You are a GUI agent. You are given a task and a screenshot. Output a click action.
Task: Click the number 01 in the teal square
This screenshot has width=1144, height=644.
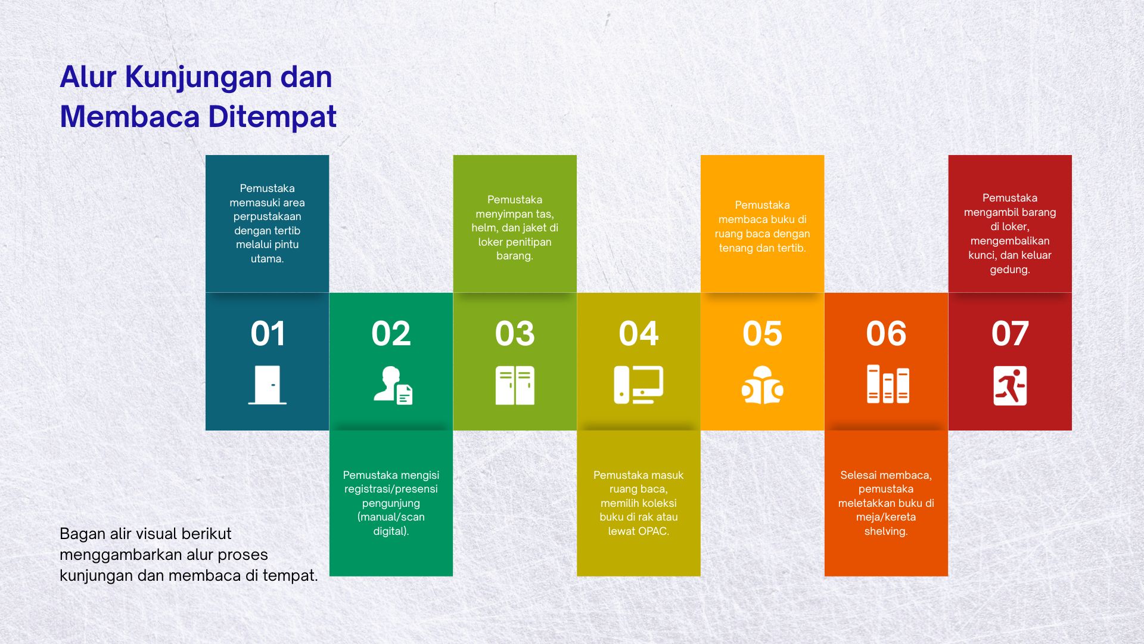pos(268,333)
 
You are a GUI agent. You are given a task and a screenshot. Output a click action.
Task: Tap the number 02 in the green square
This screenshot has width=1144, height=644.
pos(391,333)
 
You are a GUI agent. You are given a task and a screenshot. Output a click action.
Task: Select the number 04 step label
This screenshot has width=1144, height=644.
pos(639,333)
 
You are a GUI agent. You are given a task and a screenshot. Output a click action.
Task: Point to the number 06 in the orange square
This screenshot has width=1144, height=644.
pos(886,333)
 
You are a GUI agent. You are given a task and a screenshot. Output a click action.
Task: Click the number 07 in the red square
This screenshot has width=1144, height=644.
pos(1010,333)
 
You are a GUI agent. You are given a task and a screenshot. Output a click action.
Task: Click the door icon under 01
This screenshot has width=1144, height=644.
pos(268,385)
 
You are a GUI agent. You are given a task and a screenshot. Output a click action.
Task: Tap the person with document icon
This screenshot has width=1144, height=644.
pos(393,385)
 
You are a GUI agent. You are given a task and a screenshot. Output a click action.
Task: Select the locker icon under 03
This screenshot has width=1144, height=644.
pos(515,385)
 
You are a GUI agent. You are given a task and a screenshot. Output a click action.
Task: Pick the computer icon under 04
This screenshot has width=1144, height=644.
pos(639,385)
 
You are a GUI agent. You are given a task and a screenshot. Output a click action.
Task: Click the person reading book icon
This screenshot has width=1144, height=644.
pos(763,385)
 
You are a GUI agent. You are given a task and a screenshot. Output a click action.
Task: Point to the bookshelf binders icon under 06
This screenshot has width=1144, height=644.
pos(888,384)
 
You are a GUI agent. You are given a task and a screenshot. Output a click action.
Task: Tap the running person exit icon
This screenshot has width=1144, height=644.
pos(1010,386)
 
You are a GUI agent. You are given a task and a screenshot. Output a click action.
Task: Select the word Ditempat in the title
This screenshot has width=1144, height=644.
pos(272,117)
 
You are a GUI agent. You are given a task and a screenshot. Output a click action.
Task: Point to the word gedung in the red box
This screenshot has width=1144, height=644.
pos(1010,270)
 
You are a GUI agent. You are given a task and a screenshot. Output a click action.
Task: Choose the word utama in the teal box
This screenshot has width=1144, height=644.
pos(267,259)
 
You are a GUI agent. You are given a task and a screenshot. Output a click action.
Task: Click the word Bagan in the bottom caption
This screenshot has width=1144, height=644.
pos(79,534)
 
